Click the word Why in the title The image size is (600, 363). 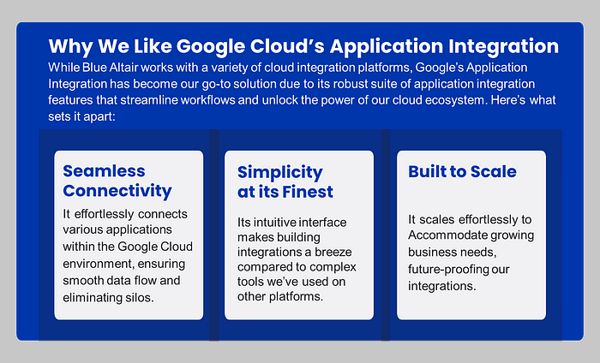[x=70, y=46]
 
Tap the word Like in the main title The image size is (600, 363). [x=153, y=46]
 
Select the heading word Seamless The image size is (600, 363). [x=104, y=171]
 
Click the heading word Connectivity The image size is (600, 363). [x=117, y=191]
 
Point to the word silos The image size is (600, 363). [x=140, y=297]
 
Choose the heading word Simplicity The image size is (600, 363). [x=280, y=173]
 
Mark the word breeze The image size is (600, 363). [x=333, y=253]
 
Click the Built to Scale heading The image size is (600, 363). [x=462, y=171]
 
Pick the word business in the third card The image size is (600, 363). [x=431, y=253]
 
